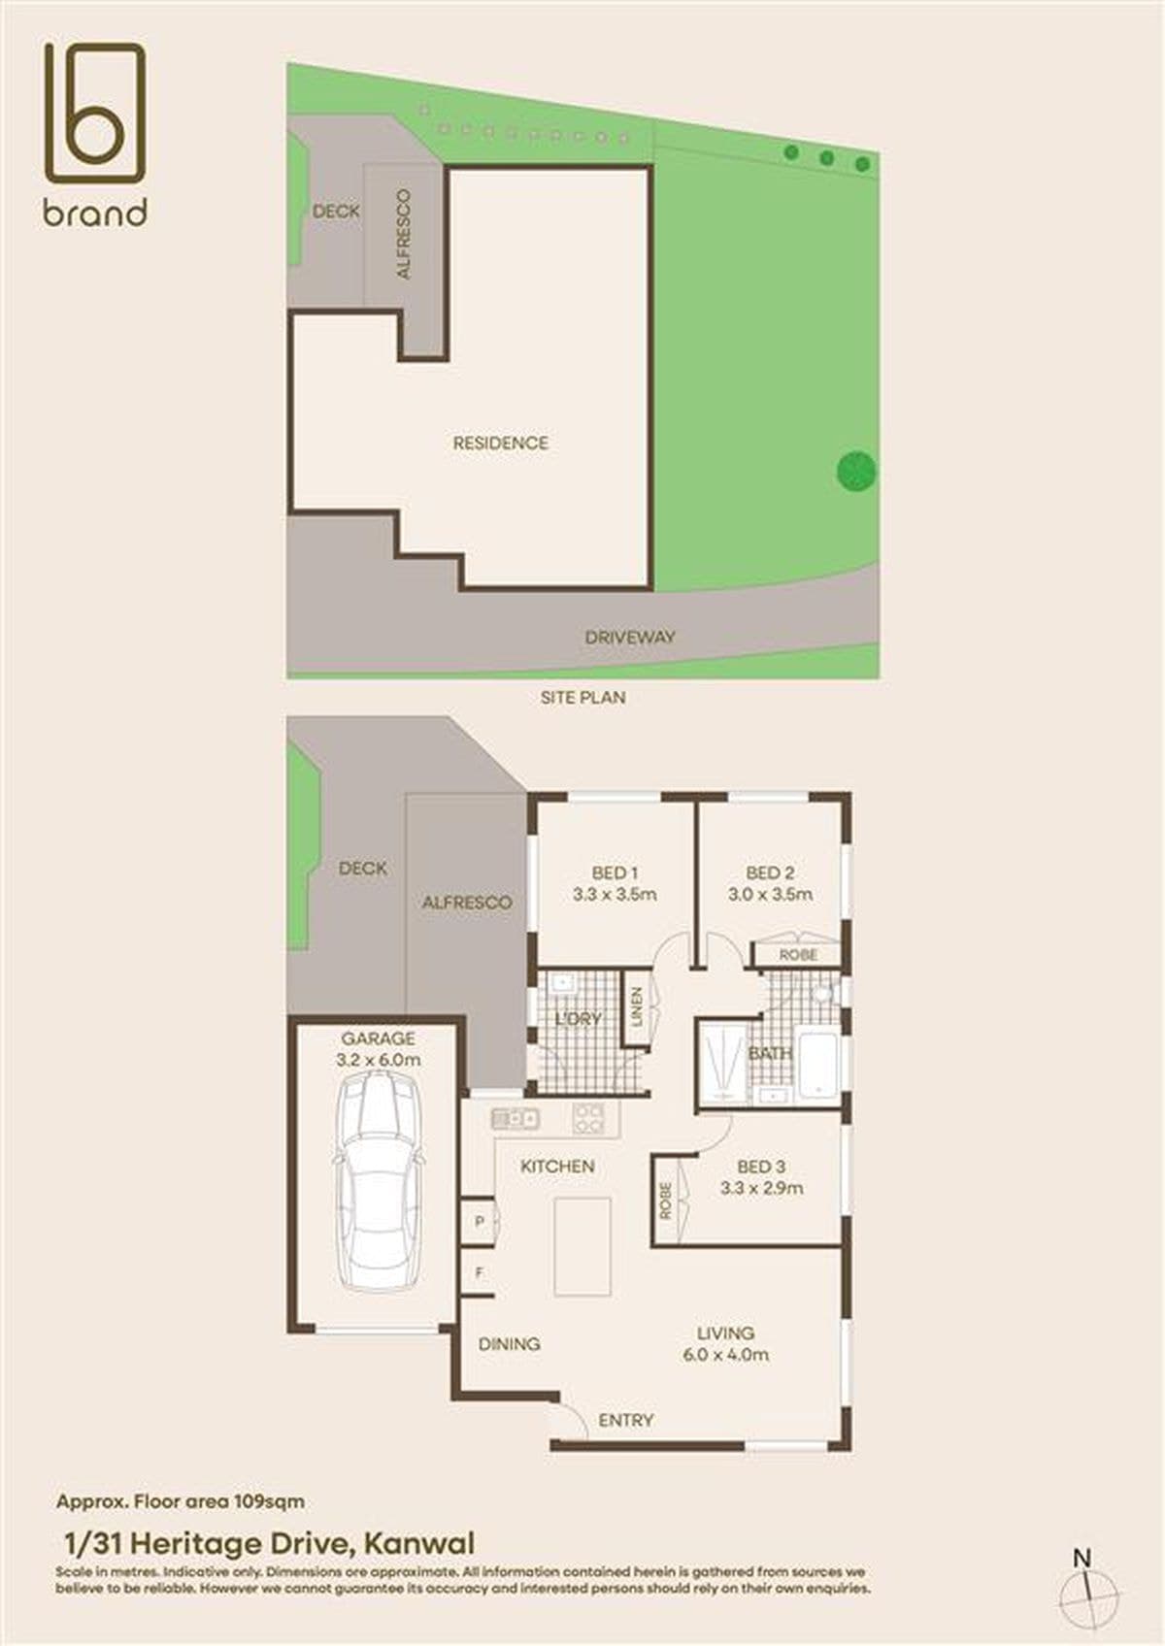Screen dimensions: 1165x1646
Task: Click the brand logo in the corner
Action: [95, 135]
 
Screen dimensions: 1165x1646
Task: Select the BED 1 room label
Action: [615, 872]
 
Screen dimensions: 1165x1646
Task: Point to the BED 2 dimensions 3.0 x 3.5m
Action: [770, 894]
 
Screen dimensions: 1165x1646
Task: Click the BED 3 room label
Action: [761, 1167]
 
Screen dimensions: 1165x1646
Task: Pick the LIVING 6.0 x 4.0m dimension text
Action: [725, 1354]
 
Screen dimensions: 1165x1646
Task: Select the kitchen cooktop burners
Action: [588, 1119]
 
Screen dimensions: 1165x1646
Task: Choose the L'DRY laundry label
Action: [578, 1019]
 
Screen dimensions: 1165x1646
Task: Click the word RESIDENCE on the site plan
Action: [501, 444]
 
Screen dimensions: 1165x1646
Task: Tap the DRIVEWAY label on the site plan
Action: [629, 637]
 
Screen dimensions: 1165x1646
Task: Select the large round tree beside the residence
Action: [856, 471]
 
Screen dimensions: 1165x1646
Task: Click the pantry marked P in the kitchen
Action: [480, 1221]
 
